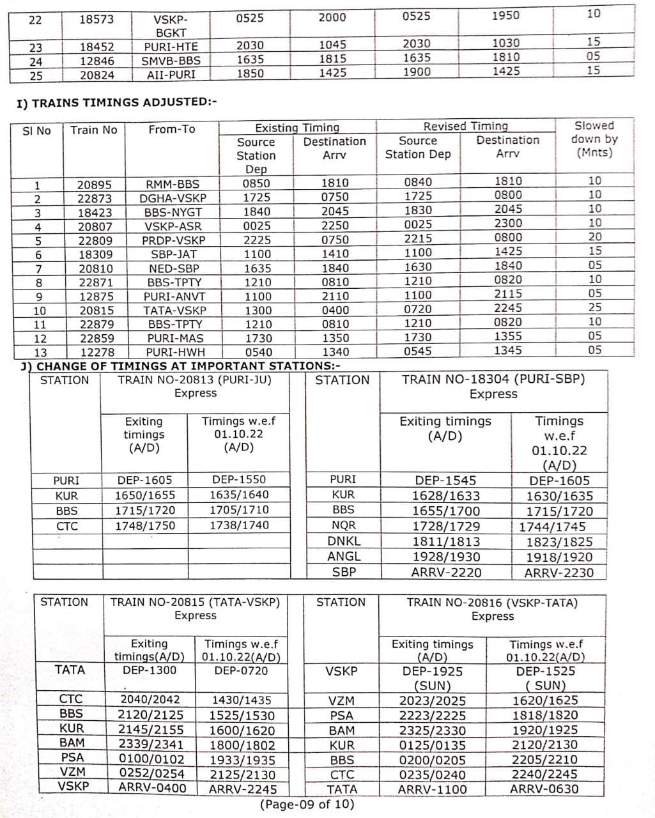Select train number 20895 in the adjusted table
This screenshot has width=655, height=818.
pyautogui.click(x=94, y=184)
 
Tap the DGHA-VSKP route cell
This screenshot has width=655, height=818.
pyautogui.click(x=173, y=198)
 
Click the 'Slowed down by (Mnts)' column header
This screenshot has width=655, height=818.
pyautogui.click(x=594, y=139)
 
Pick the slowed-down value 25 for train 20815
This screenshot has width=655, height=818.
pyautogui.click(x=594, y=308)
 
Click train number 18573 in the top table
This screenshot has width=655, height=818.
pyautogui.click(x=96, y=19)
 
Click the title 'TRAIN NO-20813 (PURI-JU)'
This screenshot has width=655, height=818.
pyautogui.click(x=195, y=380)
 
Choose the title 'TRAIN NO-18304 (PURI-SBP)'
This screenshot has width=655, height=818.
pyautogui.click(x=493, y=379)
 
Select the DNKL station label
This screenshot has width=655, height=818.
pyautogui.click(x=344, y=541)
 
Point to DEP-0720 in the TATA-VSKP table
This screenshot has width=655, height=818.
pyautogui.click(x=241, y=670)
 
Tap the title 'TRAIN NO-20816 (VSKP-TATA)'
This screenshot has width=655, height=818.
pyautogui.click(x=492, y=602)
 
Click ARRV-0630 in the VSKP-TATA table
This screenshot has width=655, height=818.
pyautogui.click(x=544, y=789)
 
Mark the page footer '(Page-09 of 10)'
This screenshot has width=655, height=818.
pyautogui.click(x=306, y=804)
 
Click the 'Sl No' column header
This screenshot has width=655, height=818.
pyautogui.click(x=36, y=130)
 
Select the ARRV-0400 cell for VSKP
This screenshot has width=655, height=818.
pyautogui.click(x=152, y=787)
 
